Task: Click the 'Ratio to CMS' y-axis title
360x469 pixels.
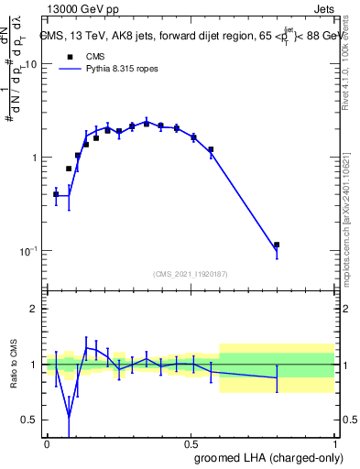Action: pos(14,365)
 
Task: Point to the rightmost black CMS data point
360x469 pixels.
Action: pos(277,245)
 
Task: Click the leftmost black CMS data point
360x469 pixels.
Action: pos(56,194)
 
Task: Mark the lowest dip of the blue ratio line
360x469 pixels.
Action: pos(70,419)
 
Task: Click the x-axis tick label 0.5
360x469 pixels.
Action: pos(191,443)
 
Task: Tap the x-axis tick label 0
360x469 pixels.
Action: pos(47,443)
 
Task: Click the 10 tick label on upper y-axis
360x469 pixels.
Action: pos(31,65)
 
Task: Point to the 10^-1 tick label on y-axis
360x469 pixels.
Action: pos(29,251)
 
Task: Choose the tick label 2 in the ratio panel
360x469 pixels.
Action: pos(36,309)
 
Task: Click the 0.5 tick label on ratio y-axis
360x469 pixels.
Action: pos(31,420)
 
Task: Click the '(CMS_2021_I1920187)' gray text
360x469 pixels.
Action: pos(190,274)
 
